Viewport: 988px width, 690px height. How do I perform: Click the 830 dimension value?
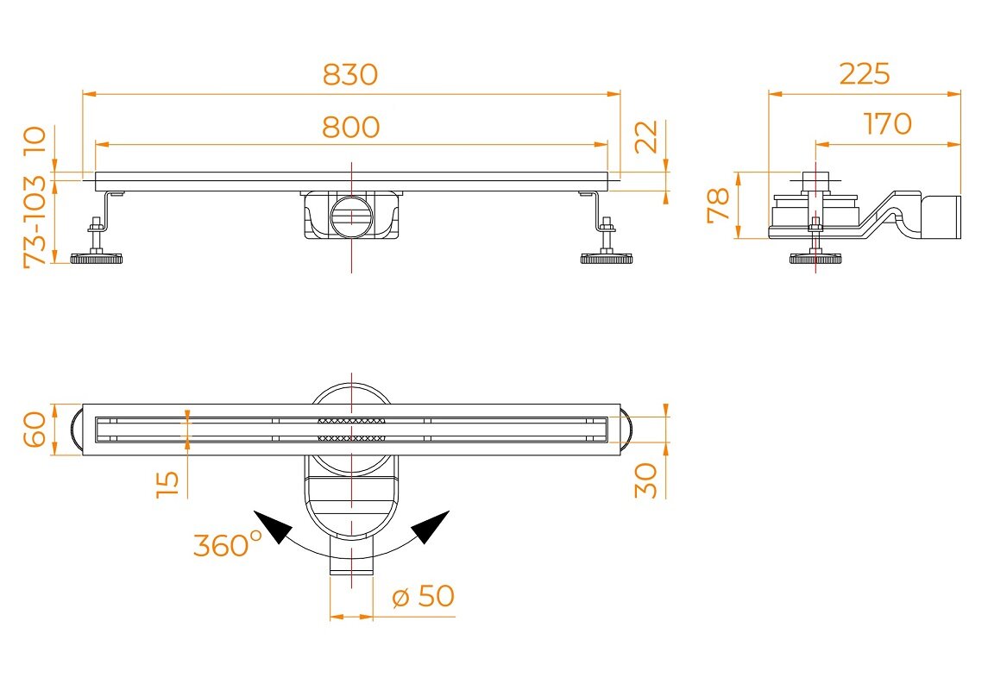350,74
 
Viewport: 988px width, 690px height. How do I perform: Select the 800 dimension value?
351,127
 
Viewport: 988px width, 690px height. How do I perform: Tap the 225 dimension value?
865,73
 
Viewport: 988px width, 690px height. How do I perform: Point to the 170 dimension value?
887,123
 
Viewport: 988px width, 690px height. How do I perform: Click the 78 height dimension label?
718,205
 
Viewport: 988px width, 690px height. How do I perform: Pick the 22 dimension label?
645,136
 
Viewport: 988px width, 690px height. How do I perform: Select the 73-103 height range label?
35,222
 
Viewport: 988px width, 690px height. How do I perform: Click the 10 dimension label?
35,141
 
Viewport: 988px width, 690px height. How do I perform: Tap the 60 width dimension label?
35,430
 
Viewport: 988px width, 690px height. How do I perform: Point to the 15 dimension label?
167,484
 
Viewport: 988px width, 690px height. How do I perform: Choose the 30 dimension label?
645,480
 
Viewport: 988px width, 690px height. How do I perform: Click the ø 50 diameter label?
423,596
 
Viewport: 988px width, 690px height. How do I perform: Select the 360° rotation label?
227,544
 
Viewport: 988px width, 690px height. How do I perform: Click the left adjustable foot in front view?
96,242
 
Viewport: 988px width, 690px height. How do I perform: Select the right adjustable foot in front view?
606,242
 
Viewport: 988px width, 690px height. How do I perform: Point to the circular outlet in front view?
351,216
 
